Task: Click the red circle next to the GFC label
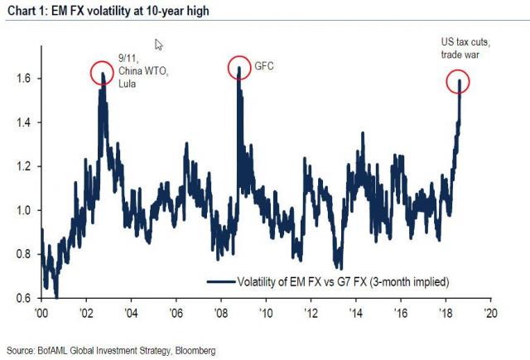coord(239,68)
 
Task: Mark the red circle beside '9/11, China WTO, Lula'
coord(102,74)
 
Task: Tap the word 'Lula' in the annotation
coord(128,84)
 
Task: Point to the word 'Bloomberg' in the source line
coord(193,351)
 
